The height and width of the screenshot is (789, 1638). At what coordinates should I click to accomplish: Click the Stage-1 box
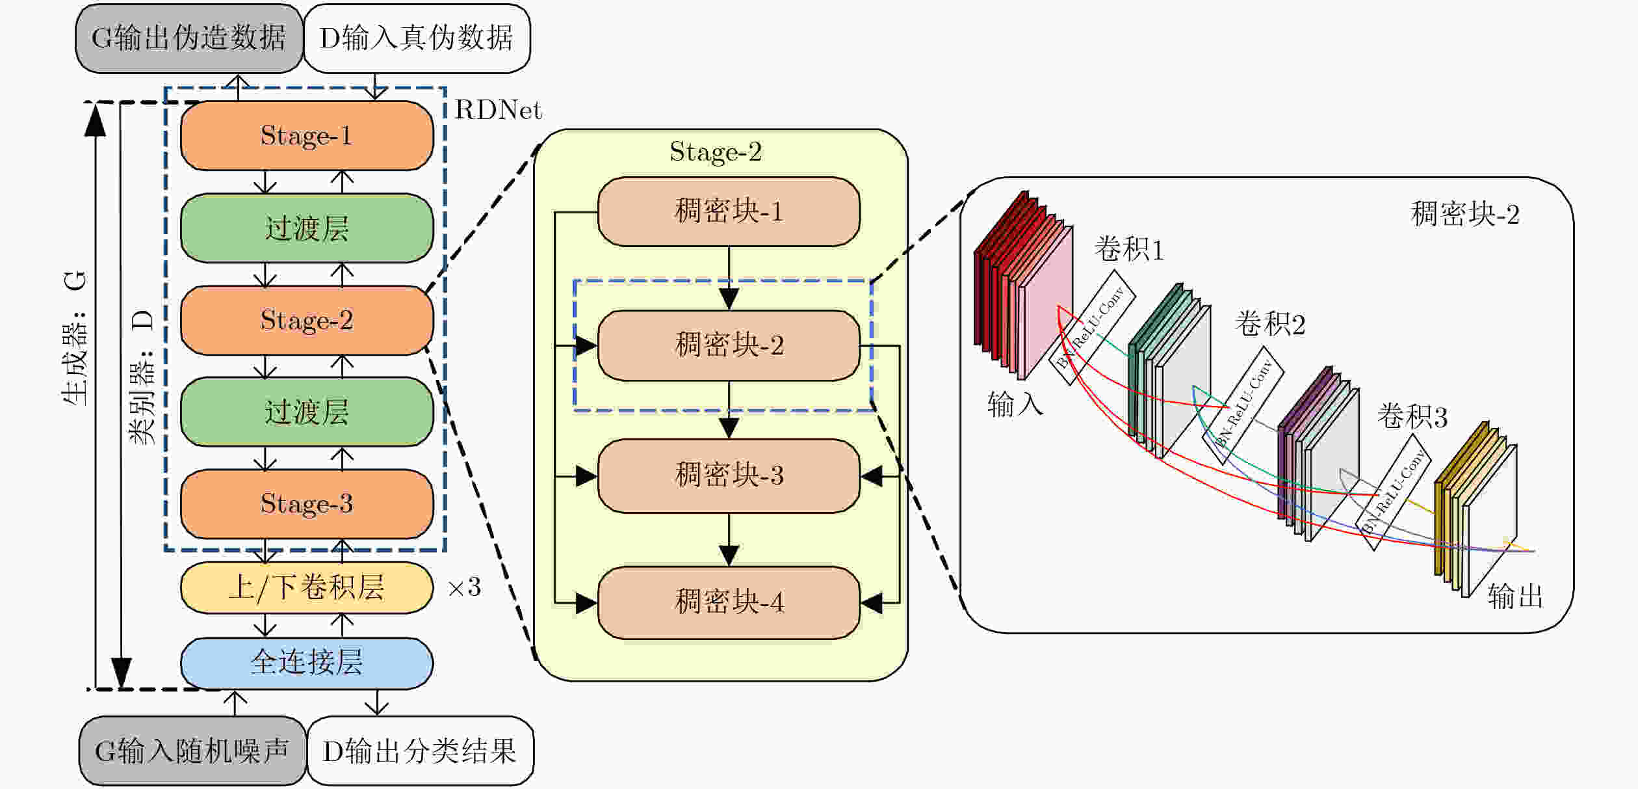(307, 136)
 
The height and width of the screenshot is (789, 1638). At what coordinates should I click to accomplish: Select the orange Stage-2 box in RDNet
(307, 320)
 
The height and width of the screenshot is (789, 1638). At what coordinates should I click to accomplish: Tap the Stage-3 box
(307, 504)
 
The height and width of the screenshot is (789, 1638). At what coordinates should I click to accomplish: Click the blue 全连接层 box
(307, 663)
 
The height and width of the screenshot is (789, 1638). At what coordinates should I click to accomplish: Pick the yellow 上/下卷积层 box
(307, 588)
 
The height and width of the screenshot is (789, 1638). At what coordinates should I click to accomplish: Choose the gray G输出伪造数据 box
(189, 38)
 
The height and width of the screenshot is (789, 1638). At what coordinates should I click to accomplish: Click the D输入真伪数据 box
(417, 38)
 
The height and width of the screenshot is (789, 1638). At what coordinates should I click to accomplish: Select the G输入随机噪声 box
(192, 751)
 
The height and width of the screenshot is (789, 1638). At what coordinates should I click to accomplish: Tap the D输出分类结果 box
(420, 751)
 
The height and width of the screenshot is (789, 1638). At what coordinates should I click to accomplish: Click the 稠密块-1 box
(729, 211)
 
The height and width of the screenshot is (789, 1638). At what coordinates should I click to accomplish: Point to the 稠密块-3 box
(729, 475)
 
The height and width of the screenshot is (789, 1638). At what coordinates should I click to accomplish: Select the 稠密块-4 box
(729, 602)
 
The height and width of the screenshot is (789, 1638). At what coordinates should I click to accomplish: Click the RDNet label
(498, 111)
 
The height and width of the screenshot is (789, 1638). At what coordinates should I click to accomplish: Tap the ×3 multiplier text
(464, 588)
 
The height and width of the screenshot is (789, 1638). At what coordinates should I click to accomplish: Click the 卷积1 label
(1129, 250)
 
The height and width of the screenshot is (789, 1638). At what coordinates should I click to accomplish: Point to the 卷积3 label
(1412, 417)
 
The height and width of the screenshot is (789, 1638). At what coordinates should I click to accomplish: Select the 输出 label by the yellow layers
(1515, 596)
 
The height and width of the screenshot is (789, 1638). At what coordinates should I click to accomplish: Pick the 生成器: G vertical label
(75, 338)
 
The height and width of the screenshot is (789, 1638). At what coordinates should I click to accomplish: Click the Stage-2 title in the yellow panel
(716, 152)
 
